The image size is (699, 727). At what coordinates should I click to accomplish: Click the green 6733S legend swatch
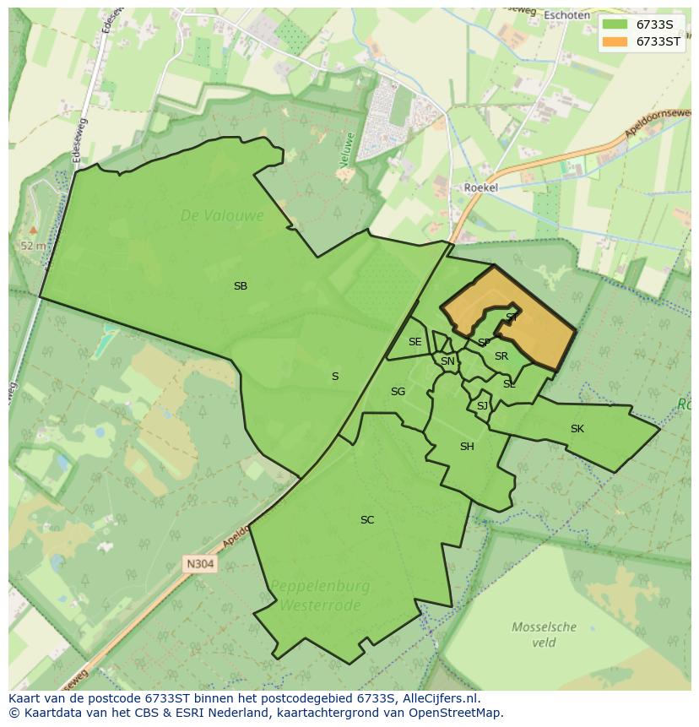(615, 24)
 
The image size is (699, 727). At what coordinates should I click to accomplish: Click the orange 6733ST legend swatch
(615, 41)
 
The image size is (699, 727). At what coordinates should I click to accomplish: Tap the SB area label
(241, 286)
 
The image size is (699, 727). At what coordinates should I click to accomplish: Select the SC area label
(367, 520)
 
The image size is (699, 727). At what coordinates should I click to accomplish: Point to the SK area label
(577, 429)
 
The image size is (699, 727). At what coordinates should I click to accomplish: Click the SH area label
(467, 447)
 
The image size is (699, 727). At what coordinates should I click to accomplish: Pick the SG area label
(398, 392)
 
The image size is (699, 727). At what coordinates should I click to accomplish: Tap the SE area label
(415, 342)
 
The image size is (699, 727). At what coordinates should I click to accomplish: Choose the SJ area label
(482, 406)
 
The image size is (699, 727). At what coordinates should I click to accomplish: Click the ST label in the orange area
(512, 317)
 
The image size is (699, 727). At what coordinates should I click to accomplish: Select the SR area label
(501, 356)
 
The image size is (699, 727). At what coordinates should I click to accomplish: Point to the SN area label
(447, 361)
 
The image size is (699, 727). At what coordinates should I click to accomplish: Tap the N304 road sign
(201, 563)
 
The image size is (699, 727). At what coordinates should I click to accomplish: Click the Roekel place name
(480, 188)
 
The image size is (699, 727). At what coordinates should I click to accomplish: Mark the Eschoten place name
(566, 15)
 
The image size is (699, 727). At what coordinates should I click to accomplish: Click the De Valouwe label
(222, 216)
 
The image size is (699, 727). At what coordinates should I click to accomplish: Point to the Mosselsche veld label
(545, 634)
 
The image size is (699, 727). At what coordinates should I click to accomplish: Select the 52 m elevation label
(33, 246)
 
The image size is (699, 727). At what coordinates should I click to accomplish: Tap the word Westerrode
(320, 605)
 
